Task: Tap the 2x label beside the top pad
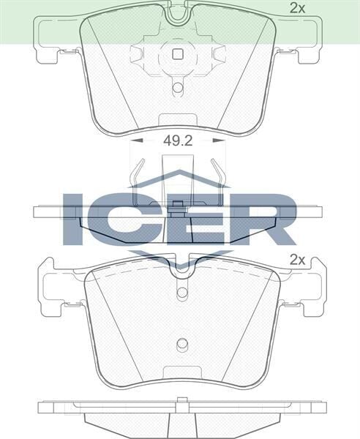coord(296,9)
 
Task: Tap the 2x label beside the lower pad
coord(296,259)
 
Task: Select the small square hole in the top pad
coord(176,53)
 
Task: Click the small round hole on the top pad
coord(177,88)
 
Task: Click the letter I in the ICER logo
coord(74,217)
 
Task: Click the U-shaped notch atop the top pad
coord(176,12)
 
